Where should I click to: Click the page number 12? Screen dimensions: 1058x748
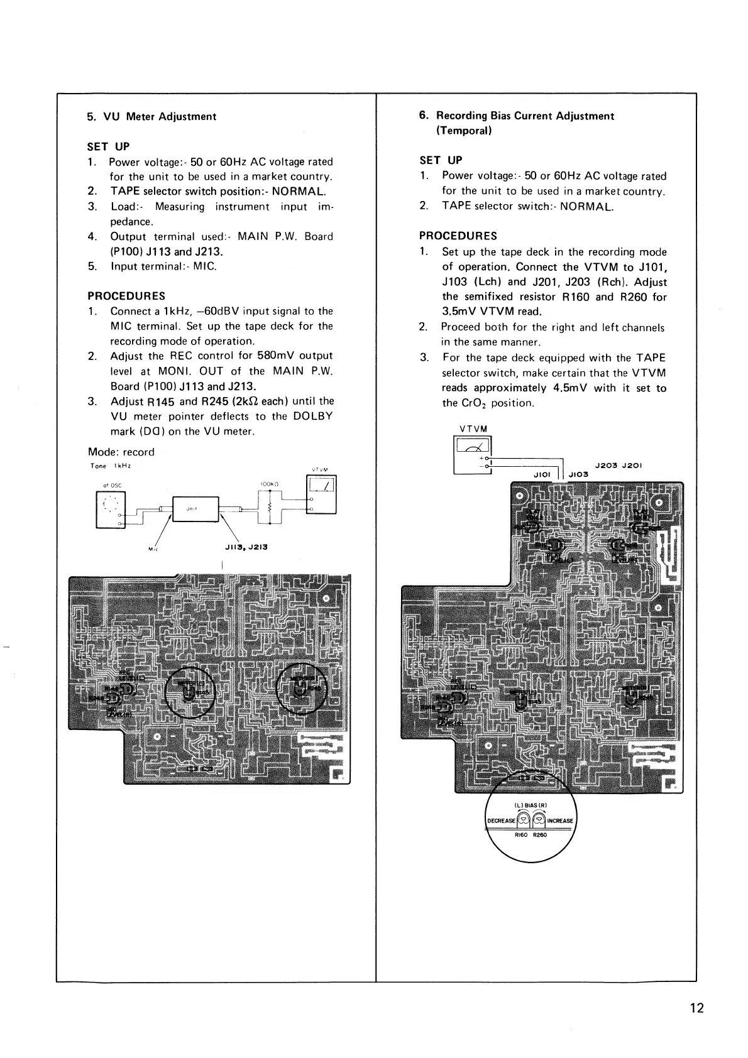point(696,1008)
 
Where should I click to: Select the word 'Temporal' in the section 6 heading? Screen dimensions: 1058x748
point(463,131)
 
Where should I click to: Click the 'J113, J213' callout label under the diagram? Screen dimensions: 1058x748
point(246,547)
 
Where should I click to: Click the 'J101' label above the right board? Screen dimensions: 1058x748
point(541,474)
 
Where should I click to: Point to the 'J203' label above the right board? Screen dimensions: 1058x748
point(607,466)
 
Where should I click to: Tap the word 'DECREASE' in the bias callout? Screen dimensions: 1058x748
point(502,821)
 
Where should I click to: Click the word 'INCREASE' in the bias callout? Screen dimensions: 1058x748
point(560,821)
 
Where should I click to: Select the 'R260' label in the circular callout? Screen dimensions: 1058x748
point(540,835)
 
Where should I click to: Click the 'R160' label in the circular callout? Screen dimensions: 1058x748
point(521,835)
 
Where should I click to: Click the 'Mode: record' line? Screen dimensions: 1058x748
point(121,452)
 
